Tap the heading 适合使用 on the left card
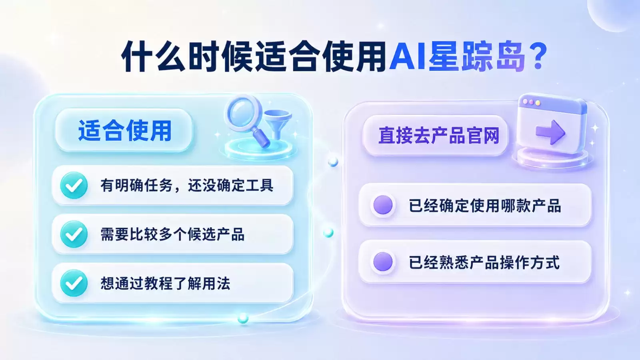click(x=125, y=131)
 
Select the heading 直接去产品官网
click(x=439, y=136)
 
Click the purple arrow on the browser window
click(x=550, y=132)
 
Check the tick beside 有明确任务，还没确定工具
click(x=74, y=186)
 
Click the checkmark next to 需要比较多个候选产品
click(x=74, y=234)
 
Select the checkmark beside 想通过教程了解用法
click(x=74, y=283)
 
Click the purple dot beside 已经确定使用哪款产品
click(x=383, y=205)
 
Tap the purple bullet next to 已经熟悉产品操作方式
click(x=383, y=262)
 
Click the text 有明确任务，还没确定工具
click(x=187, y=186)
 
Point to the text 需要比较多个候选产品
click(x=172, y=234)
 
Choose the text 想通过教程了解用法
click(x=165, y=284)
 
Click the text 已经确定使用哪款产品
click(x=485, y=206)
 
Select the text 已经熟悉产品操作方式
click(x=484, y=262)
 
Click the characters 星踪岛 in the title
click(x=476, y=57)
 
